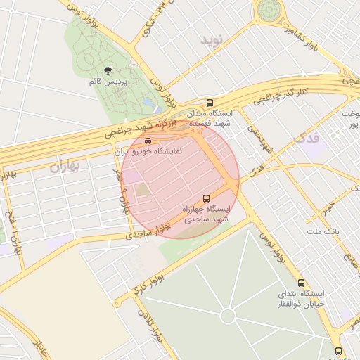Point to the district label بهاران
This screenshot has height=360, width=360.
point(66,167)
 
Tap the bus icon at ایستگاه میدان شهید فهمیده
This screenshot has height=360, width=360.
point(210,103)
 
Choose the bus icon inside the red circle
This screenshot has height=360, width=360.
point(206,198)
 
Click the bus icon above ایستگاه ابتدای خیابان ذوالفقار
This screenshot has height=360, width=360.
point(301,282)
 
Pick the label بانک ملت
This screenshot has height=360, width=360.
point(323,231)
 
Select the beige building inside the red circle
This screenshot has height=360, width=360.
point(143,190)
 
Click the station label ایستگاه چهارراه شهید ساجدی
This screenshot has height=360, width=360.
point(207,214)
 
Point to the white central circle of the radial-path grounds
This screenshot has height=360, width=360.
point(228,316)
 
